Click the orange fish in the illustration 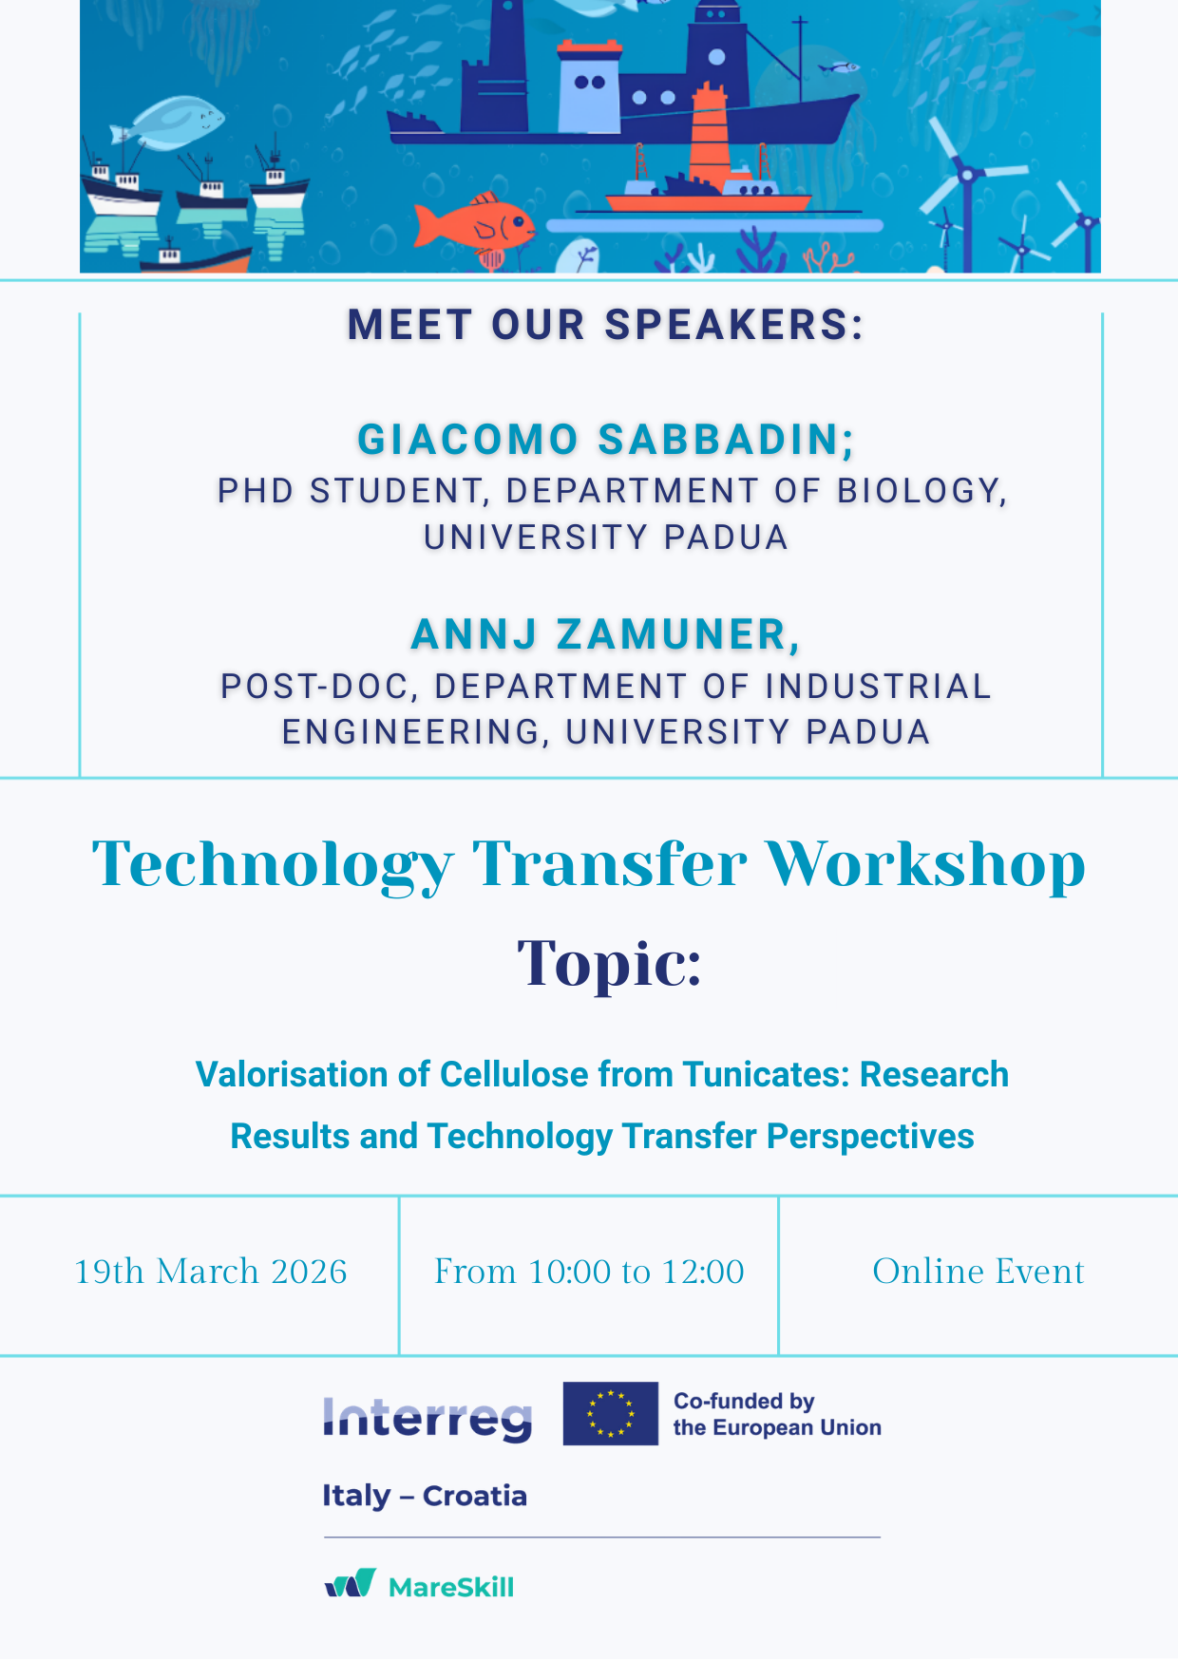tap(475, 224)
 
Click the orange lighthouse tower tap(709, 133)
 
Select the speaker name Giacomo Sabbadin tap(606, 440)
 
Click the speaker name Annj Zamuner tap(606, 634)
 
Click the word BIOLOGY tap(921, 491)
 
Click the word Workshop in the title tap(925, 864)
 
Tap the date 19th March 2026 tap(211, 1272)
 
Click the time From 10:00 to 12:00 tap(589, 1272)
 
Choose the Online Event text tap(978, 1272)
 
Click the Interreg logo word tap(427, 1419)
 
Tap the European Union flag tap(610, 1413)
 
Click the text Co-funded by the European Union tap(777, 1414)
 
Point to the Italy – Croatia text tap(425, 1496)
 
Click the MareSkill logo tap(419, 1585)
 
